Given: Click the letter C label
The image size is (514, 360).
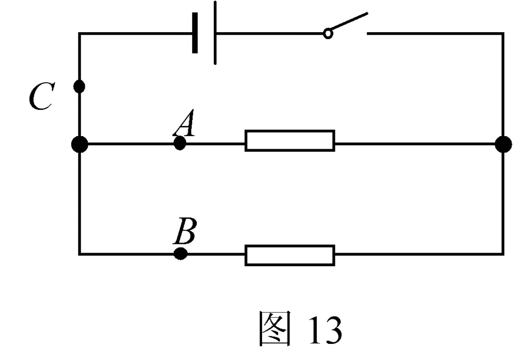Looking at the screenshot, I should click(x=41, y=97).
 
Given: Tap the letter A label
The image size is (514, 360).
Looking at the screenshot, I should click(x=184, y=126).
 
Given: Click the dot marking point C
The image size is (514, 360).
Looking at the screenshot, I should click(x=79, y=86).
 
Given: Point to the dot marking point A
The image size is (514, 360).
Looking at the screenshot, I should click(x=180, y=144).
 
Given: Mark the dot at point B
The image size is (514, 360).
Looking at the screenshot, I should click(x=181, y=254).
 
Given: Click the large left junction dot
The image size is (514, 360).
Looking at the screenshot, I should click(x=79, y=145).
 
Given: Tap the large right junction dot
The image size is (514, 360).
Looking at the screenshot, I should click(x=503, y=144).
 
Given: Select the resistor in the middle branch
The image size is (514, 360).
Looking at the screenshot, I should click(x=290, y=140).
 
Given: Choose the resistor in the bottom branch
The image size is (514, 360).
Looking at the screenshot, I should click(x=290, y=255).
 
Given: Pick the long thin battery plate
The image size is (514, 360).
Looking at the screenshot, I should click(x=215, y=33).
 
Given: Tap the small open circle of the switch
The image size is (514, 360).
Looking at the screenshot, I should click(x=327, y=34).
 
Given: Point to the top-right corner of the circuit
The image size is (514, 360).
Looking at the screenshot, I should click(x=503, y=34).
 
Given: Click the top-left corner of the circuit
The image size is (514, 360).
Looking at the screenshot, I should click(x=79, y=34).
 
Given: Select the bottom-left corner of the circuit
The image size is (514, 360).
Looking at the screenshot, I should click(x=79, y=254).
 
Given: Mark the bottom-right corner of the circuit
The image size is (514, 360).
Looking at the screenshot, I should click(x=503, y=254).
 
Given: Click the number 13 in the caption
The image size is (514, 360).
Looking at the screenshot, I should click(x=325, y=330).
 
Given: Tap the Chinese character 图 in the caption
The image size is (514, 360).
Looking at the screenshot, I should click(x=276, y=329).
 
